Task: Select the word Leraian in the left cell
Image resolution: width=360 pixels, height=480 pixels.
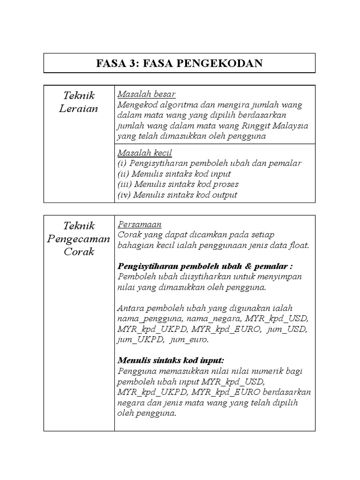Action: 79,109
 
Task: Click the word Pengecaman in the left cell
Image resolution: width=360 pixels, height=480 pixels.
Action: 79,239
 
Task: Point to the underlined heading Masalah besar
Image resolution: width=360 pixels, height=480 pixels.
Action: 146,94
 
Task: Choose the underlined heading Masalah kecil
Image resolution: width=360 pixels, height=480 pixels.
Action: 145,153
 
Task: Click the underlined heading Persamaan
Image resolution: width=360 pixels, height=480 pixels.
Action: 139,225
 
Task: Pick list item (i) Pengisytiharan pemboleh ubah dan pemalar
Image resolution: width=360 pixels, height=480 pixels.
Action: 210,164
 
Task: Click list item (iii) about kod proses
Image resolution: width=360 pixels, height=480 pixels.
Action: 178,185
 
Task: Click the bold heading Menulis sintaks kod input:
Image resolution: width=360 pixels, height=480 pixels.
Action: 171,360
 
